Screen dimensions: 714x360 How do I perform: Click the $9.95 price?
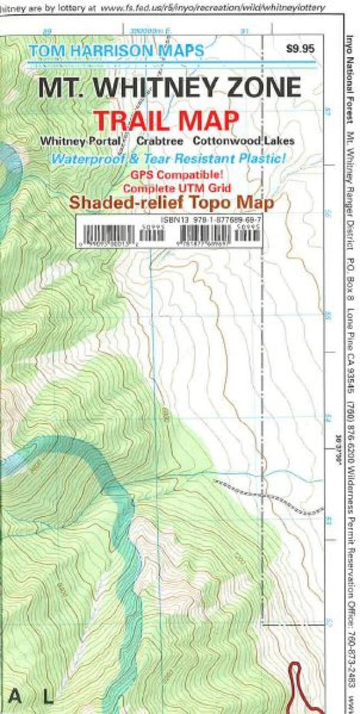pos(300,49)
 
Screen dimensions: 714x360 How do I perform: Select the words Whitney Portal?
pos(81,140)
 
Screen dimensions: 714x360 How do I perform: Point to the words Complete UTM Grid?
pos(167,188)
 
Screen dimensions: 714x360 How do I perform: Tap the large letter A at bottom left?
pos(15,695)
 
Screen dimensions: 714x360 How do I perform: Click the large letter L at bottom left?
pos(47,695)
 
